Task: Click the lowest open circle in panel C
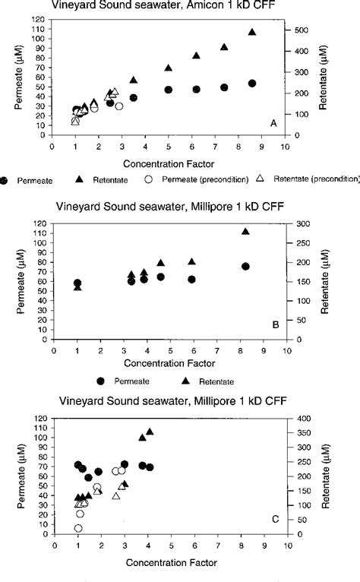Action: tap(78, 528)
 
